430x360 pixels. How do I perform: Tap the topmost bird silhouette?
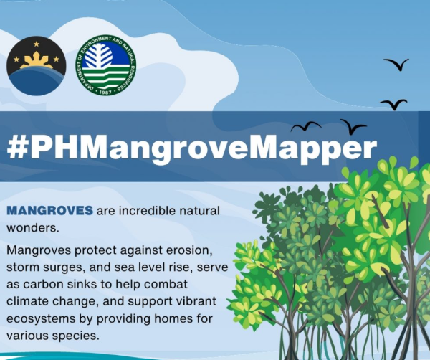[x=396, y=64]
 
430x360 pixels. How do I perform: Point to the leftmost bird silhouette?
[x=305, y=126]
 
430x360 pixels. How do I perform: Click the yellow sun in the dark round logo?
[x=37, y=61]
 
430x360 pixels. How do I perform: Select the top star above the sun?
[x=37, y=44]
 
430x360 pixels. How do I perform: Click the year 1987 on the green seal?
[x=105, y=93]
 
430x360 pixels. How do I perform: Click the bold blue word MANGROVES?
[x=49, y=211]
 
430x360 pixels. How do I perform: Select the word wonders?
[x=33, y=228]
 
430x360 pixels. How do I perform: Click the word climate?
[x=27, y=301]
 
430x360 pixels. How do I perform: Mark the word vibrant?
[x=195, y=301]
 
